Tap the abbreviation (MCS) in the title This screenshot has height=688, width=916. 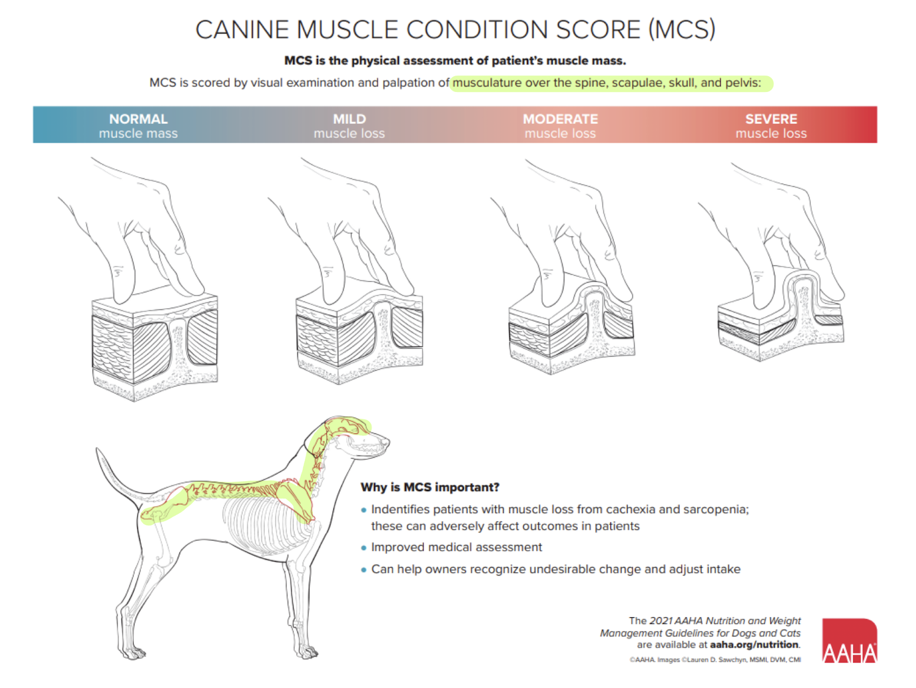pyautogui.click(x=682, y=30)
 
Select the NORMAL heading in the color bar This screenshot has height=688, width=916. pyautogui.click(x=138, y=119)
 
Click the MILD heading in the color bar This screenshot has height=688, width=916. pyautogui.click(x=349, y=119)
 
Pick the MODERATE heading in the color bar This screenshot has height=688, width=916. pyautogui.click(x=560, y=119)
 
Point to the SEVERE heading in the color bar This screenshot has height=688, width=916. pyautogui.click(x=771, y=119)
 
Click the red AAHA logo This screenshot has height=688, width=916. pyautogui.click(x=849, y=640)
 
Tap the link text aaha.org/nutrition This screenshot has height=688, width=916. pyautogui.click(x=753, y=644)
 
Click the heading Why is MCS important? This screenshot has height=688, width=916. pyautogui.click(x=430, y=487)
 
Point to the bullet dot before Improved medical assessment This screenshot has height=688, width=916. pyautogui.click(x=364, y=547)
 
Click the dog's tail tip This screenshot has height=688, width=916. pyautogui.click(x=97, y=449)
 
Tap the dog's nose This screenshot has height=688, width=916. pyautogui.click(x=387, y=441)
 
